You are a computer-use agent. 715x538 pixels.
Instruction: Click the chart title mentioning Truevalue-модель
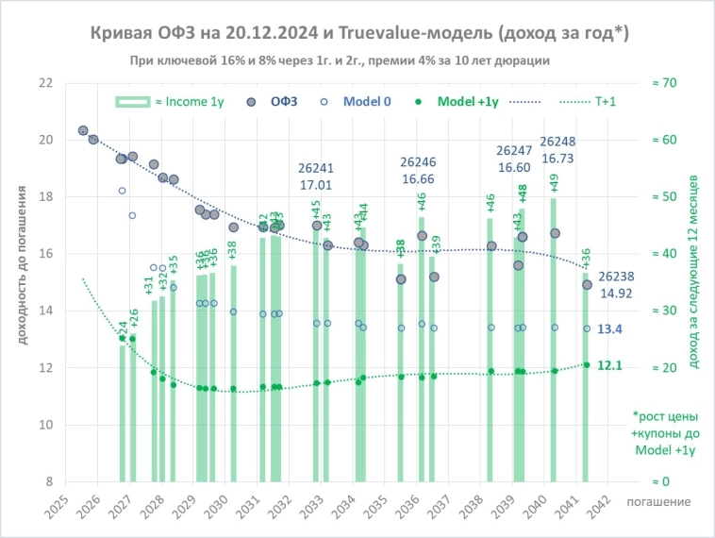click(359, 34)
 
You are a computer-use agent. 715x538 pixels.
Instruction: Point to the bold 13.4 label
click(610, 328)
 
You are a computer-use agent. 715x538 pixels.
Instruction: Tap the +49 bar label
click(554, 182)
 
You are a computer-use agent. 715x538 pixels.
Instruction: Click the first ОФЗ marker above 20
click(83, 130)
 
